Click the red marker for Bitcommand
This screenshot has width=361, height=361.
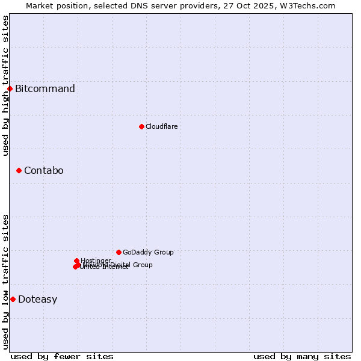[10, 89]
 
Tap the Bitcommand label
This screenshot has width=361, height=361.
[45, 89]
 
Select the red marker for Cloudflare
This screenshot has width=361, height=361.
[141, 126]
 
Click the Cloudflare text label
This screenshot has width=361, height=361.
[161, 126]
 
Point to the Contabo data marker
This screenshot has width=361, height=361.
[19, 171]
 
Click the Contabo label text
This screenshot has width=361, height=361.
[43, 171]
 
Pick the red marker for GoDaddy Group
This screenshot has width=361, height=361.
[119, 252]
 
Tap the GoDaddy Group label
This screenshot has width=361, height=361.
[148, 252]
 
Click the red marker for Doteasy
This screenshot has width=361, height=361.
[13, 299]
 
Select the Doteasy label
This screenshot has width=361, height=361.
[37, 300]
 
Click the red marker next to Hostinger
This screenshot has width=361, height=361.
[76, 261]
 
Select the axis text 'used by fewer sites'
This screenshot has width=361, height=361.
[62, 356]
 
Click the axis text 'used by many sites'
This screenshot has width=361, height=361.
[302, 356]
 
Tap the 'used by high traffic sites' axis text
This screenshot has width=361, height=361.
[5, 85]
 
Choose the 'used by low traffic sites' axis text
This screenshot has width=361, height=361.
[5, 282]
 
